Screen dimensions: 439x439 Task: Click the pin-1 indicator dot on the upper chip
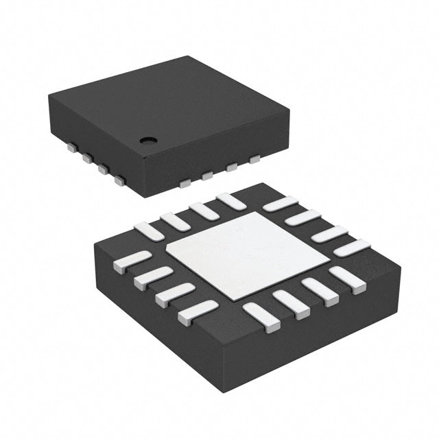pyautogui.click(x=147, y=140)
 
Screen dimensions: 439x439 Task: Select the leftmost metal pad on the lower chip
pyautogui.click(x=131, y=261)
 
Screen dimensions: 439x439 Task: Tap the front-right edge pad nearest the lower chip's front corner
pyautogui.click(x=262, y=317)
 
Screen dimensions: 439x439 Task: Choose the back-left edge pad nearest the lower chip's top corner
pyautogui.click(x=230, y=201)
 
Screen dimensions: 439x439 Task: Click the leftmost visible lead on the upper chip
pyautogui.click(x=71, y=146)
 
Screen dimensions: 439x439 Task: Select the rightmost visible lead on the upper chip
pyautogui.click(x=255, y=159)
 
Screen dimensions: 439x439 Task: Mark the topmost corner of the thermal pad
pyautogui.click(x=256, y=212)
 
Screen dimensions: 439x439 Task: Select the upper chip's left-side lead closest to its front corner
pyautogui.click(x=120, y=181)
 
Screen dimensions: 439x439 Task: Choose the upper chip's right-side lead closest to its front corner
pyautogui.click(x=184, y=182)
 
